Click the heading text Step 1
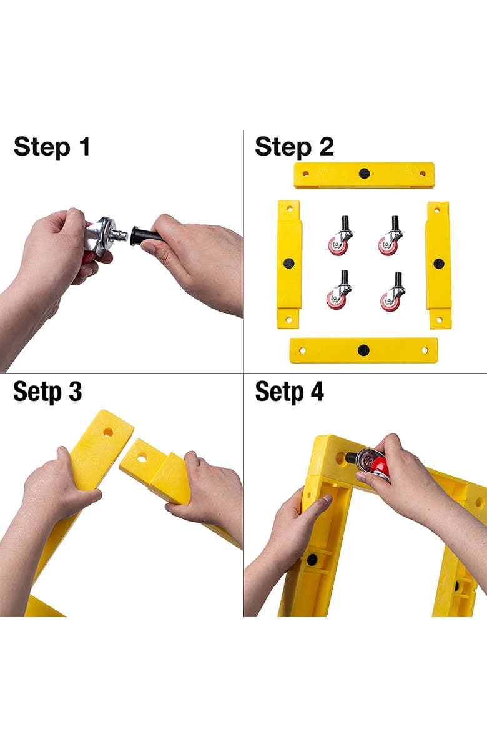click(52, 147)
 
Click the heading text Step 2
click(294, 147)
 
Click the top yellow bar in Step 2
click(364, 175)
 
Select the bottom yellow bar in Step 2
click(363, 350)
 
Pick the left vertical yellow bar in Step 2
click(288, 264)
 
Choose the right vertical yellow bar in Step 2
click(438, 264)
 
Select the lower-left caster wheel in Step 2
click(338, 298)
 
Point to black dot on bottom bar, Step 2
click(363, 350)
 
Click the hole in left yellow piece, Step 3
click(108, 432)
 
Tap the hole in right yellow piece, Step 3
click(142, 458)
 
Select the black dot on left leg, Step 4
click(312, 559)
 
